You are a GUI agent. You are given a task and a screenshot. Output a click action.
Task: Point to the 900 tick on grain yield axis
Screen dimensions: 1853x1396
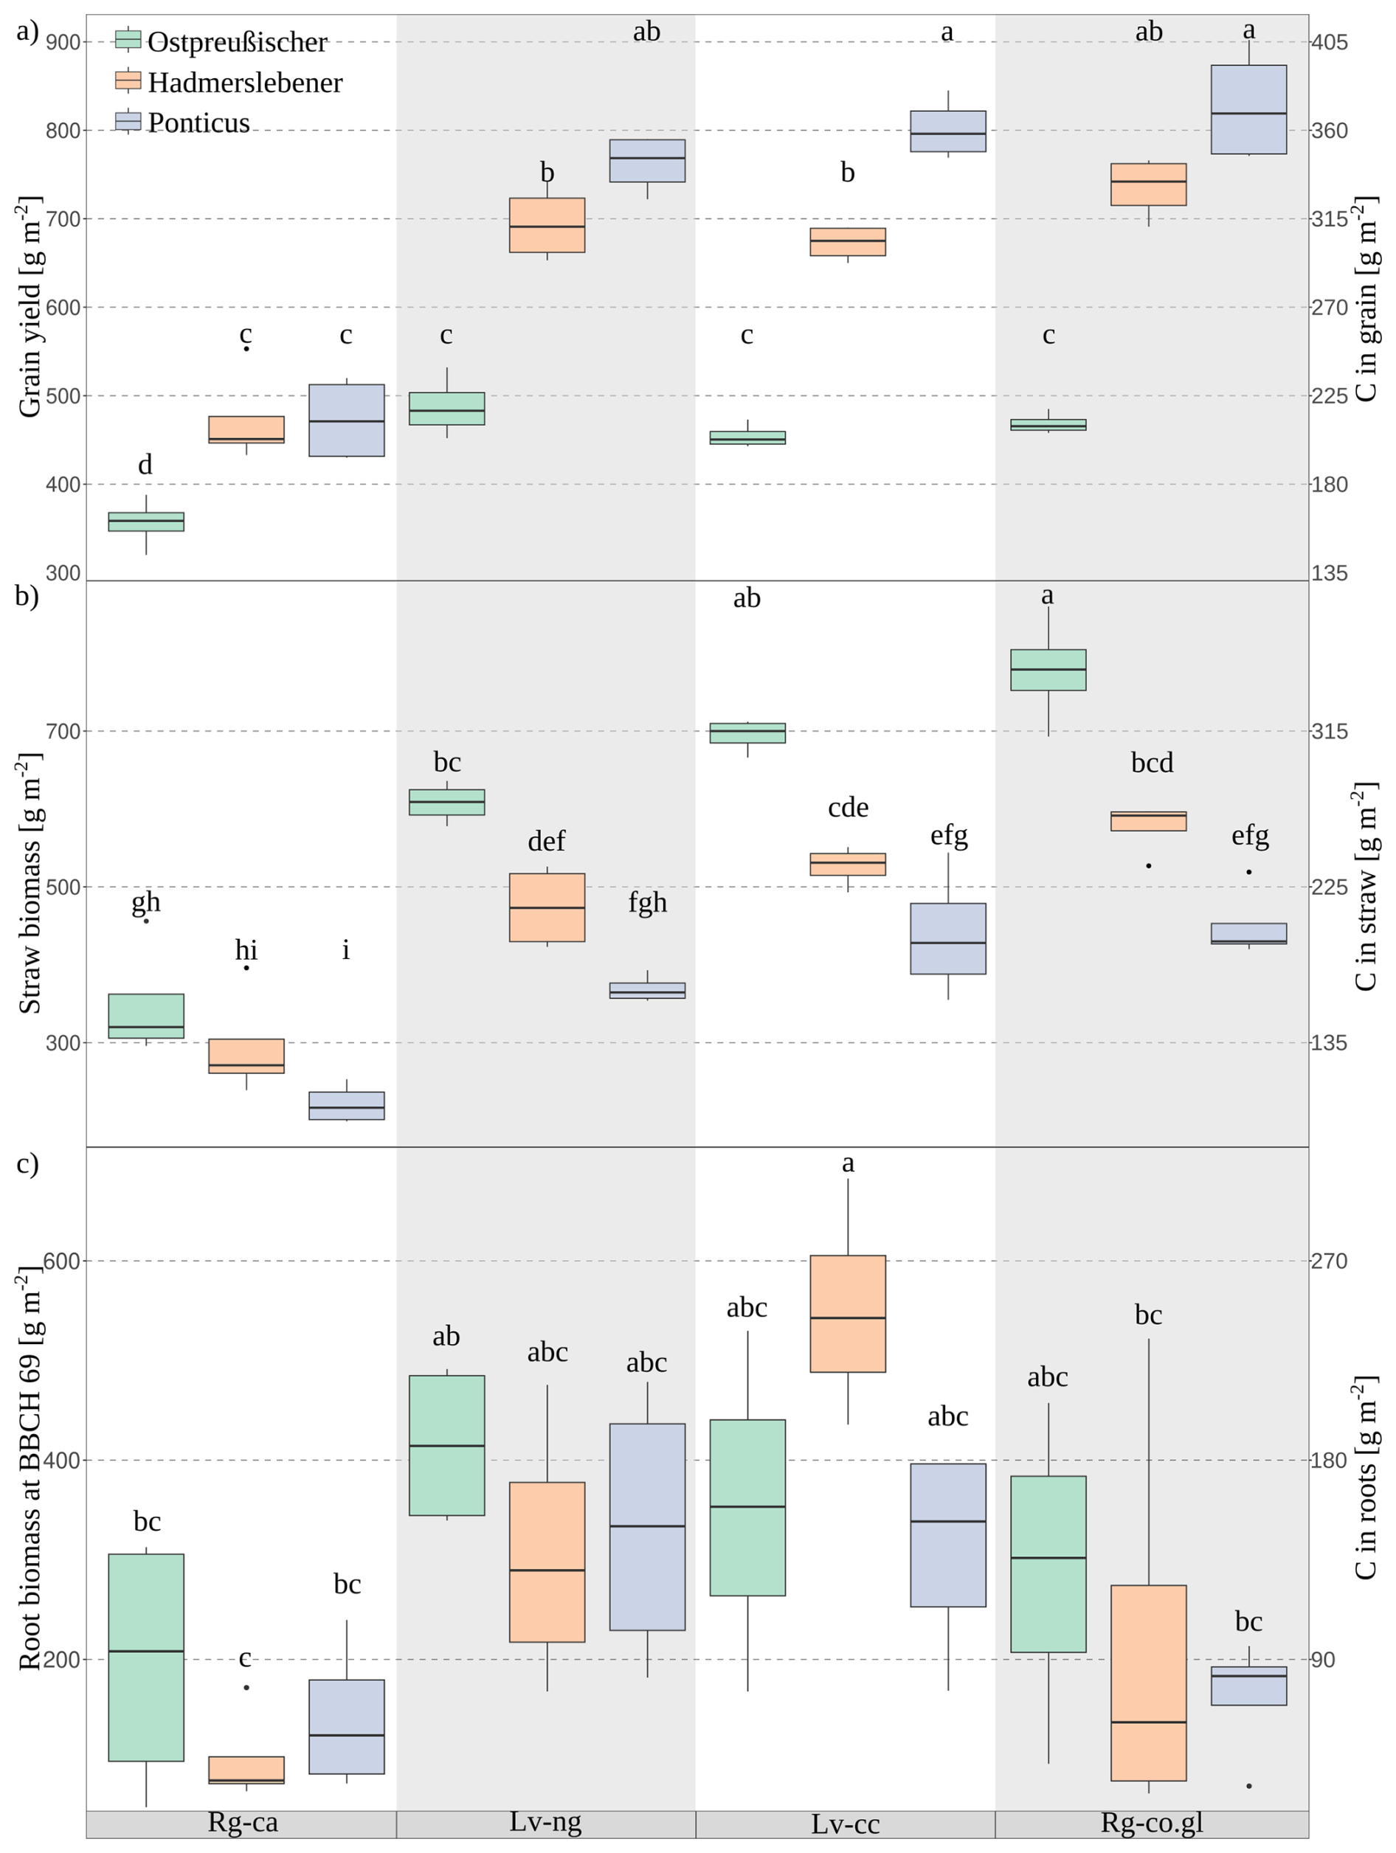(63, 42)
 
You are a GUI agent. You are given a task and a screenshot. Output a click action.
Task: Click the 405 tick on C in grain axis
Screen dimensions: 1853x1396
(1329, 42)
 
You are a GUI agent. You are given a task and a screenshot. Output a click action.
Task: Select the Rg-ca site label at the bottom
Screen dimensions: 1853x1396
(242, 1823)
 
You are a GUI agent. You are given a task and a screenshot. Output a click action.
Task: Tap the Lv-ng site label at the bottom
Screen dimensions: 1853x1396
(545, 1823)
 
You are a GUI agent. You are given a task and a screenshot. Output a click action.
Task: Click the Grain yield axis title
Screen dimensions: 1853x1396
(30, 307)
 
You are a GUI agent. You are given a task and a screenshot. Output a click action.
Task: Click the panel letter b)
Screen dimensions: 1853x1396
(27, 597)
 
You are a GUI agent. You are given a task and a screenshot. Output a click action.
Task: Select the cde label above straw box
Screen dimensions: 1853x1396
(848, 808)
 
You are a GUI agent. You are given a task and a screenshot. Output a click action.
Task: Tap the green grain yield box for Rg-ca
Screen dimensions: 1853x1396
(146, 522)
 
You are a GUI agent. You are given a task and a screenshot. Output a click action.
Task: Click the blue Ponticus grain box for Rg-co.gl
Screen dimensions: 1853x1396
(1248, 110)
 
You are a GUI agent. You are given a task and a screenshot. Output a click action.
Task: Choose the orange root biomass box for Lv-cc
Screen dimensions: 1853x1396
(848, 1313)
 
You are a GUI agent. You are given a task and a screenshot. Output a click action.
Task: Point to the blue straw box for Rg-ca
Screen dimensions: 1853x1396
(346, 1106)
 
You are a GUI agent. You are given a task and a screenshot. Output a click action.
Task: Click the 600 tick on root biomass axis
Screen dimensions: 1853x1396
(61, 1261)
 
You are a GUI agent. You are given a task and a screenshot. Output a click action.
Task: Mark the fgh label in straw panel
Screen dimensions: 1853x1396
(648, 902)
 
